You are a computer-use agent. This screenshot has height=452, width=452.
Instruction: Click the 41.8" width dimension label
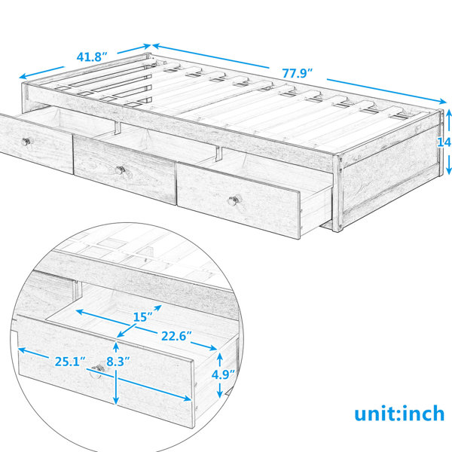(x=92, y=56)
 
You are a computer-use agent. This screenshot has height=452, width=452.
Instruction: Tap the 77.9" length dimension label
(x=298, y=73)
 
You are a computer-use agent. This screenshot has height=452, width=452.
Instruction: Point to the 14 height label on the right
(x=444, y=142)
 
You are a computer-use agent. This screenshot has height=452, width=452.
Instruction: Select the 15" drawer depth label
(x=142, y=317)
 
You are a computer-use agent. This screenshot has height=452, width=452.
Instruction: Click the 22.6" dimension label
(x=176, y=336)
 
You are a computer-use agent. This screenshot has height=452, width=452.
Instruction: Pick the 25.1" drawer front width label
(x=70, y=362)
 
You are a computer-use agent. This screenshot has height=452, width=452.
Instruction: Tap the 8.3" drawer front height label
(x=118, y=362)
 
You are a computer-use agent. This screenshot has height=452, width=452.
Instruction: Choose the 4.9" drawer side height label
(x=223, y=374)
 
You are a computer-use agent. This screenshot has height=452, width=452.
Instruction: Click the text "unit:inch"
(x=399, y=414)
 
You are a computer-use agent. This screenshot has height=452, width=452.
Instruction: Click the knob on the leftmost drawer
(x=26, y=142)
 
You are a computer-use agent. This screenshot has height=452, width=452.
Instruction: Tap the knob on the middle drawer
(x=120, y=169)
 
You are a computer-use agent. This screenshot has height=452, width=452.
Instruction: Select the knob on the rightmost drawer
(x=233, y=200)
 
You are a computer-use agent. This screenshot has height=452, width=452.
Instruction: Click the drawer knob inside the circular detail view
(x=98, y=368)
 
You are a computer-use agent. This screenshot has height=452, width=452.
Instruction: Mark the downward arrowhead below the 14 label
(x=449, y=171)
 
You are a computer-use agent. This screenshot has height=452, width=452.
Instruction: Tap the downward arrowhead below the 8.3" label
(x=116, y=401)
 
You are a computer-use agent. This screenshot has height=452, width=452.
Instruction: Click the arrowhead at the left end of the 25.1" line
(x=22, y=350)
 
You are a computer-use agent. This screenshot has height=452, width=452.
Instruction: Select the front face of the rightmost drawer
(x=239, y=200)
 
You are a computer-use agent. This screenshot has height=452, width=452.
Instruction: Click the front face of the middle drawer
(x=124, y=169)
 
